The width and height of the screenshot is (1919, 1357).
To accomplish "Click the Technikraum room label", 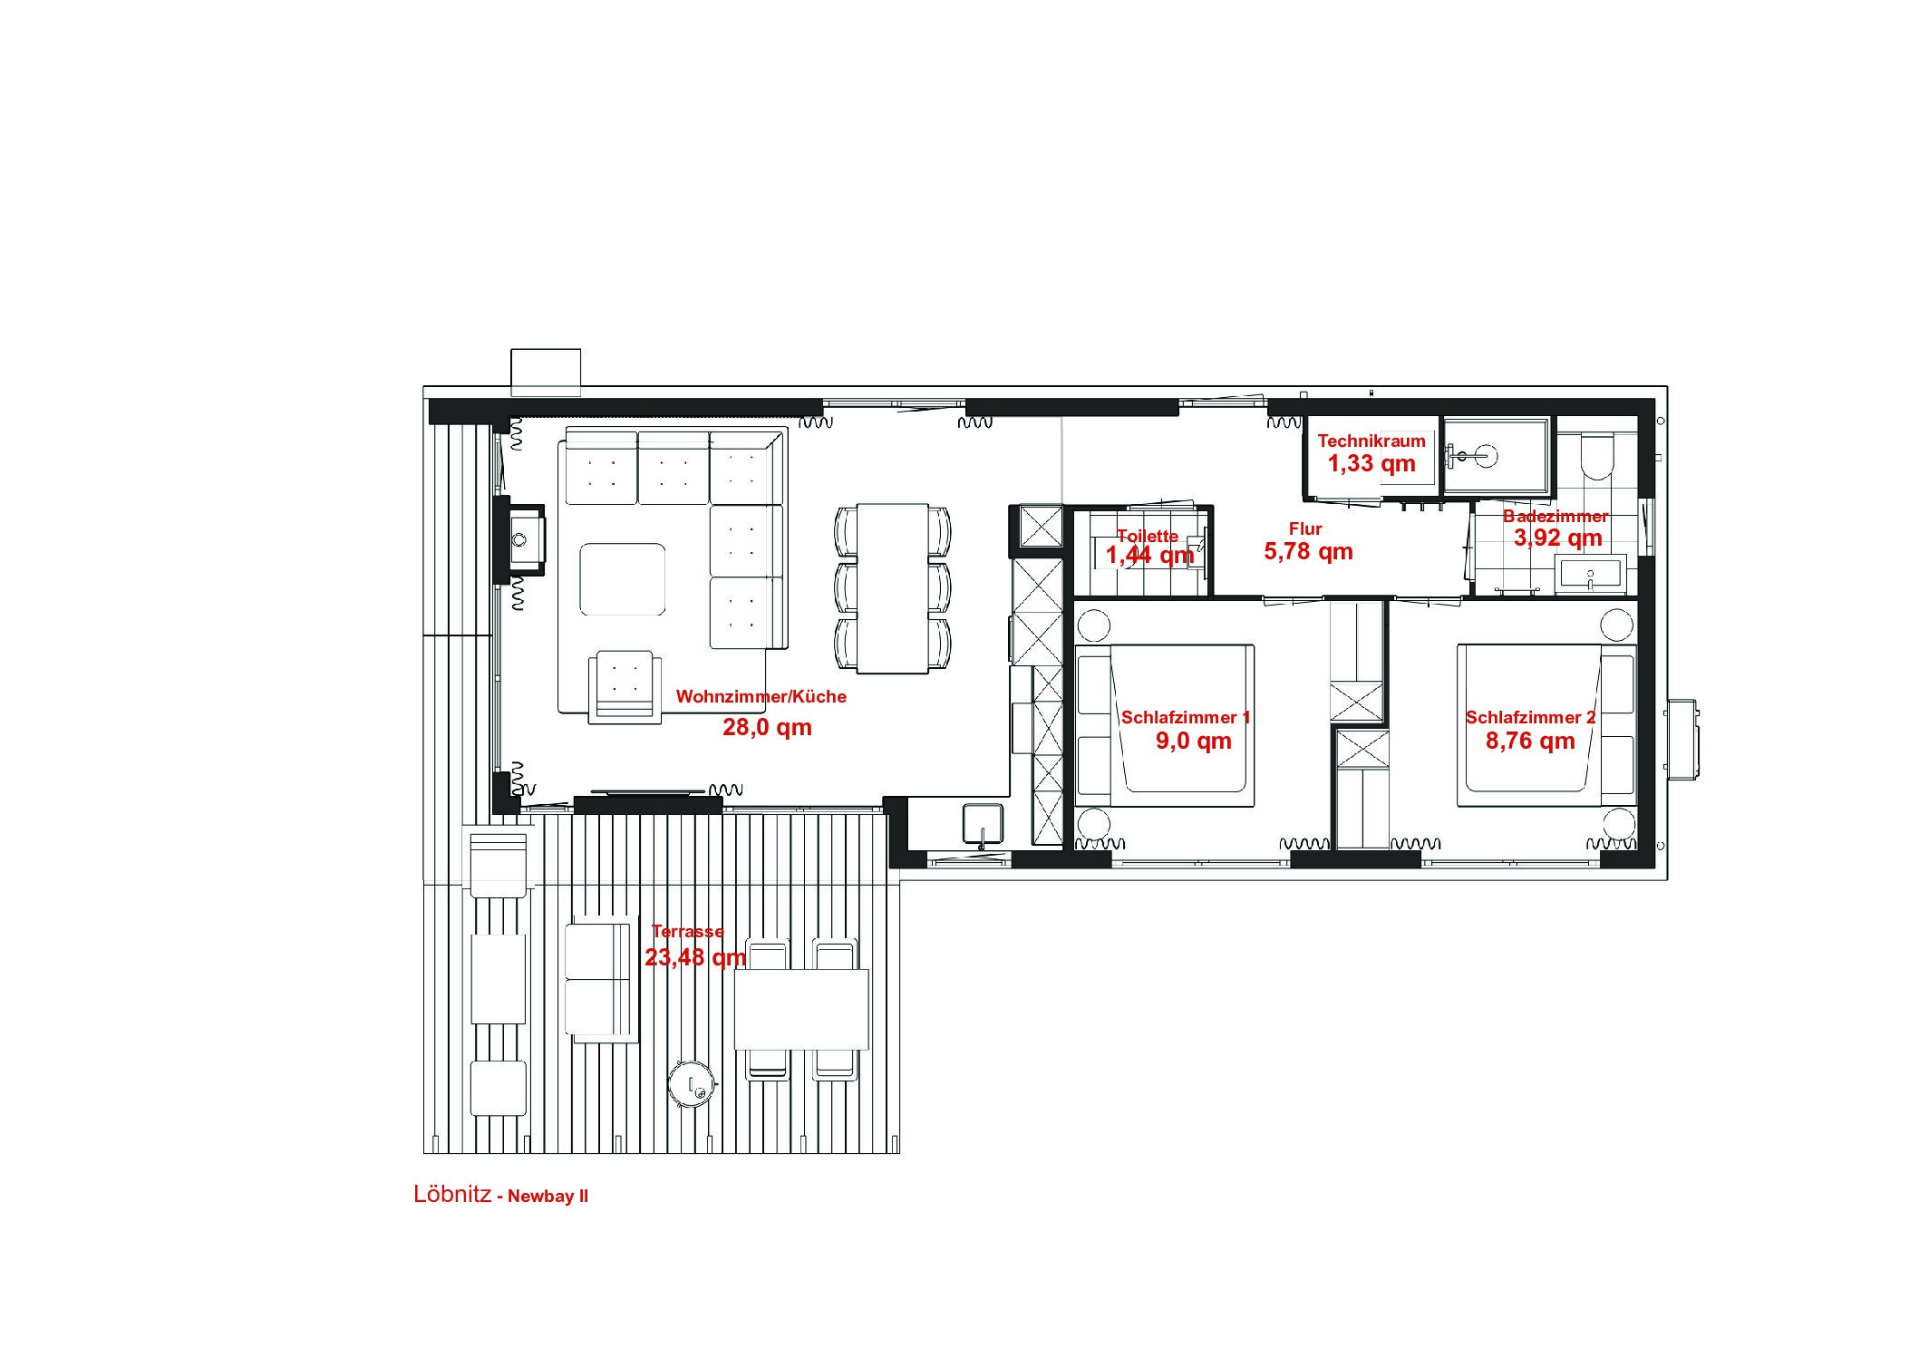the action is pos(1371,441).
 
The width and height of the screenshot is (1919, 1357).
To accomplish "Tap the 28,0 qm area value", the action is pos(767,727).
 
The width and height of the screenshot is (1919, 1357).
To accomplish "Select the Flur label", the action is pos(1305,528).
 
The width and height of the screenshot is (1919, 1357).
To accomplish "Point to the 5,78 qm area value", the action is pos(1308,551).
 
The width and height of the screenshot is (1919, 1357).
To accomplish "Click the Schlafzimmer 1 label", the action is pos(1186,717).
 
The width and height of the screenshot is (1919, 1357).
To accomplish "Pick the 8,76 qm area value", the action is pos(1530,741).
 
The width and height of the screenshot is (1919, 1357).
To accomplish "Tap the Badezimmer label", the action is pos(1556,516).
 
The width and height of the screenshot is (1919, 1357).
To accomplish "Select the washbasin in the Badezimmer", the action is pos(1590,575).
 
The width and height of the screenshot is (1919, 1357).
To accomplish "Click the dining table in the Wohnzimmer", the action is pos(893,588).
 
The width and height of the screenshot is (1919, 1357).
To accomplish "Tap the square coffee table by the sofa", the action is pos(623,579).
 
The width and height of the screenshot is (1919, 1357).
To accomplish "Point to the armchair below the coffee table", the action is pos(625,686).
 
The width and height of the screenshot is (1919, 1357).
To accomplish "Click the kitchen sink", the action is pos(983,825).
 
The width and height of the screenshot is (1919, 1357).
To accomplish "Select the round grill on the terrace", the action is pos(693,1083).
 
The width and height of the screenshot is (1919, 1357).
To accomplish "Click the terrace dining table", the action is pos(801,1009).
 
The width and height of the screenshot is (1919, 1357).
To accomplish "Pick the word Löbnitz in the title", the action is pos(452,1194).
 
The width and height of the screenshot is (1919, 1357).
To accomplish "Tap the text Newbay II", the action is pos(548,1197).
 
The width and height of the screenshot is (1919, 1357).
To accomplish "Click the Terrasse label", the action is pos(688,931).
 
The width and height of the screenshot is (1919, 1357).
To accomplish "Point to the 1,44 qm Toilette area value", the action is pos(1150,555).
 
